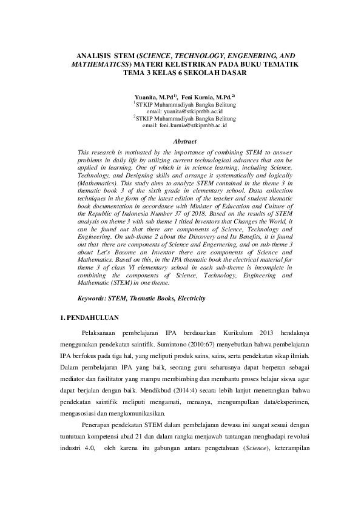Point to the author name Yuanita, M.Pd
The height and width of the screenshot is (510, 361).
point(154,96)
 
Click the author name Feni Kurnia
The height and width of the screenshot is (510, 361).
point(204,96)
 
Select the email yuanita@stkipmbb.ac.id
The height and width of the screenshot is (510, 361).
point(194,111)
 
